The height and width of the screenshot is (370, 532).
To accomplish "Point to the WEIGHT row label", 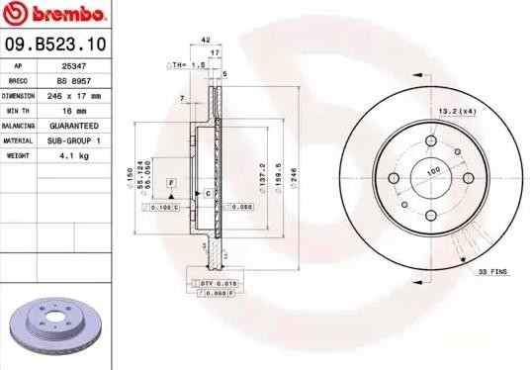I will tap(18, 156).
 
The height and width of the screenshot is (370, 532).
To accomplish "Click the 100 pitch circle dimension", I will tap(432, 171).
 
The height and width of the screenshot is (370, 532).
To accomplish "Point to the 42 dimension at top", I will tap(206, 40).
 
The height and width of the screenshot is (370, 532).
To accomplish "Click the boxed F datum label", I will tap(171, 184).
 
